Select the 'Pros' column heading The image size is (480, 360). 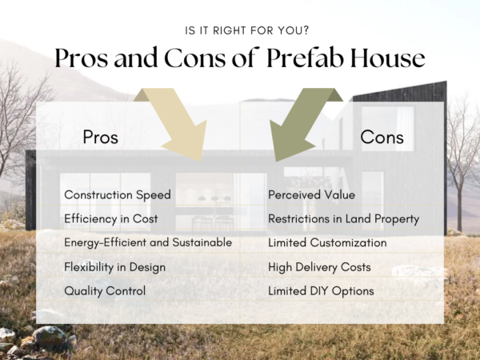(x=100, y=138)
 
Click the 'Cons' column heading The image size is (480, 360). (x=382, y=138)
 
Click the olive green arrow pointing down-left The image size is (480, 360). (x=302, y=124)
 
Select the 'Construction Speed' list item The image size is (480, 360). (x=117, y=195)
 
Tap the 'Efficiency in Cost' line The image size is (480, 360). (x=110, y=218)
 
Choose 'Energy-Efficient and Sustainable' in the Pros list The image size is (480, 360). (x=148, y=242)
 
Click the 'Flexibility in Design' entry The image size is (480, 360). (x=114, y=266)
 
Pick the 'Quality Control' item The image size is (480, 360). (x=105, y=291)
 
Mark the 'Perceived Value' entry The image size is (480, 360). (x=311, y=195)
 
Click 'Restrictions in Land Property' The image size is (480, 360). (x=343, y=218)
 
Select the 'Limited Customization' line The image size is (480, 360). (x=327, y=242)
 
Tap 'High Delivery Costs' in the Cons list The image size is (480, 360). (x=319, y=266)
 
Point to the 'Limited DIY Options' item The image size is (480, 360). (x=321, y=291)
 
